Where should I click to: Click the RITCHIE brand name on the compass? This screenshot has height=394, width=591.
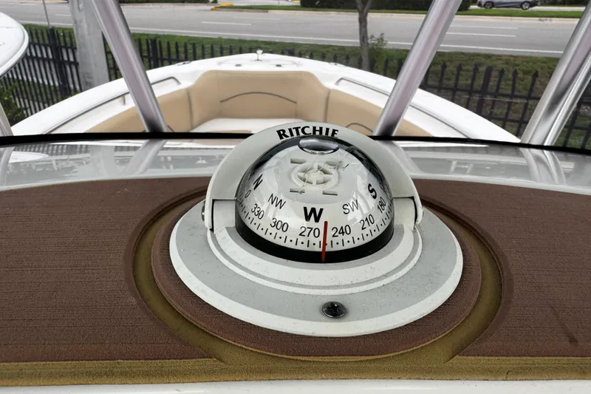307,133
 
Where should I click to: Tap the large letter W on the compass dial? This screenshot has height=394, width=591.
312,214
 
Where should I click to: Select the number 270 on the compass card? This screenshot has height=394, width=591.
309,232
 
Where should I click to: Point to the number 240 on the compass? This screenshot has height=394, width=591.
341,231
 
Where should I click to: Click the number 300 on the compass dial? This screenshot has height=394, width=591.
279,225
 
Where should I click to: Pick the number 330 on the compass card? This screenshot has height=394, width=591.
257,211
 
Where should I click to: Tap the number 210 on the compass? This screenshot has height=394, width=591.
367,221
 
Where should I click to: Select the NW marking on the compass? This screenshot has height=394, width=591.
276,201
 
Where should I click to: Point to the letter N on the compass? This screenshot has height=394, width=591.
257,181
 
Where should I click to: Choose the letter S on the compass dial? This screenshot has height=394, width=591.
372,191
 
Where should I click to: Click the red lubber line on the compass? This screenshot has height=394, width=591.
324,241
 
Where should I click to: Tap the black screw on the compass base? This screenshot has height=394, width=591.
334,310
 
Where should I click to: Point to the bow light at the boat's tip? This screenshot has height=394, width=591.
259,54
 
